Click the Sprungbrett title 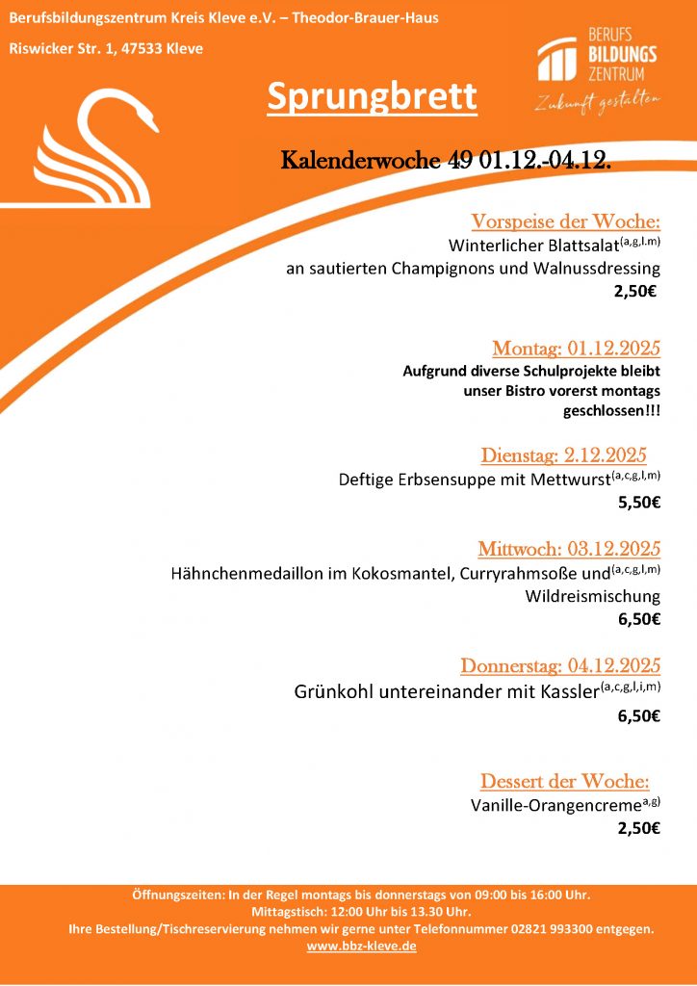click(372, 96)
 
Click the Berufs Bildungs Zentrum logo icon click(557, 61)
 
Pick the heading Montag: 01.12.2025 click(576, 348)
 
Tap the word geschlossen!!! click(611, 411)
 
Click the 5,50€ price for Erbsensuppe click(638, 502)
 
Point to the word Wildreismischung click(592, 596)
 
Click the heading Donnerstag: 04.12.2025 click(560, 665)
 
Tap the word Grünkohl click(331, 691)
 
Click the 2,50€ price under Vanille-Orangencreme click(638, 827)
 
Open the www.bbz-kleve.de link click(361, 947)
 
